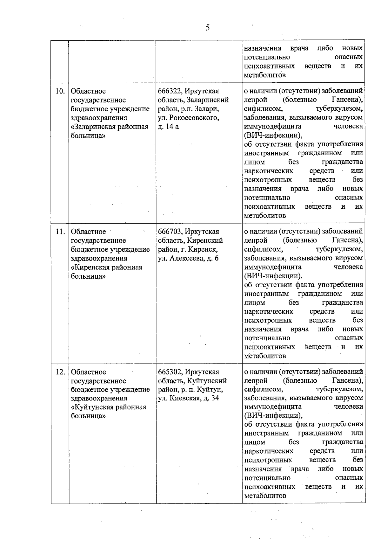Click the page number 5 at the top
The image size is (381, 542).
coord(208,28)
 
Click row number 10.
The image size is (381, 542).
coord(60,91)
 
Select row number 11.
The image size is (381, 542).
coord(60,232)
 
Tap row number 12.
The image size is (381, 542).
coord(60,372)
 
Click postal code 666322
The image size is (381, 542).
coord(170,91)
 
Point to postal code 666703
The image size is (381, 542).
coord(170,232)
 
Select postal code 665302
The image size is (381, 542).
coord(170,372)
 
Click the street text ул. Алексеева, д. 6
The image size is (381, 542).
coord(188,259)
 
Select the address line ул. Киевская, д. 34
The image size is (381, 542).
coord(188,399)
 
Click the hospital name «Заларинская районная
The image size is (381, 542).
coord(110,127)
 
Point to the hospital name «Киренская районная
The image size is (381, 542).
coord(106,268)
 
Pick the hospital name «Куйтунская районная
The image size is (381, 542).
coord(109,407)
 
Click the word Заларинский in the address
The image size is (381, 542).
coord(208,100)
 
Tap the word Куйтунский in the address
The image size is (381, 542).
coord(207,381)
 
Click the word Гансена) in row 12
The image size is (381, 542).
coord(347,381)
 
